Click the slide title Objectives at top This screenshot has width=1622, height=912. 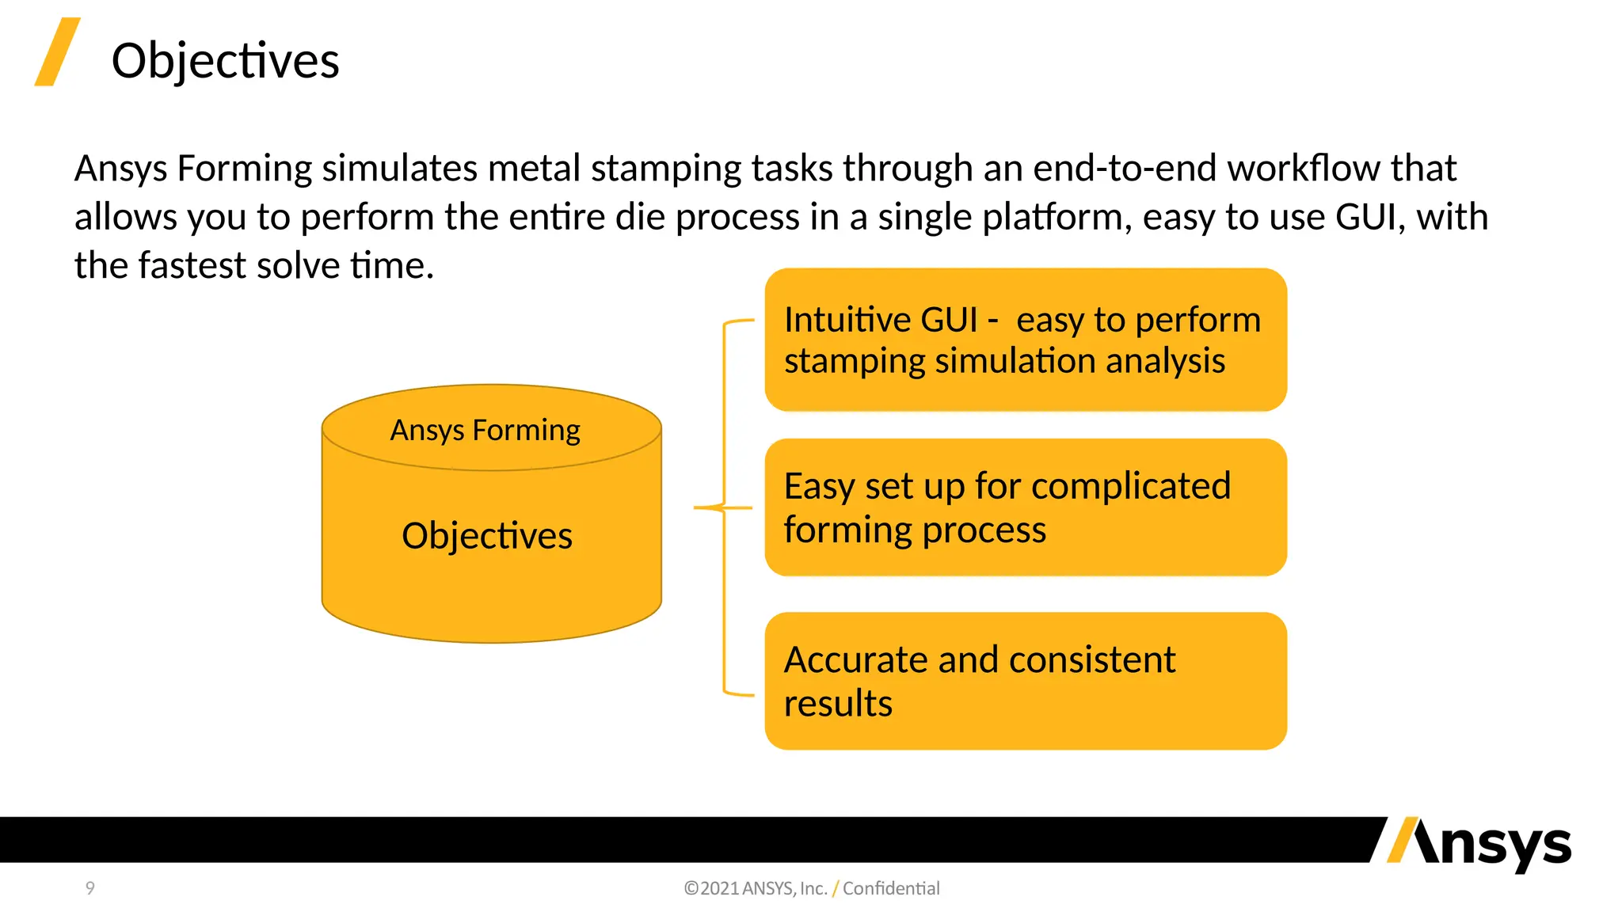pos(225,61)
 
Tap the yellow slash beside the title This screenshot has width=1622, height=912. pos(57,51)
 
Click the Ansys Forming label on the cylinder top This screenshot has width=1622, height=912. pos(485,431)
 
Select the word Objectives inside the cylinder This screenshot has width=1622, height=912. pos(486,536)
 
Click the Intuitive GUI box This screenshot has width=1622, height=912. pos(1025,340)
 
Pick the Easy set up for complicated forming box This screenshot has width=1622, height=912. pos(1025,507)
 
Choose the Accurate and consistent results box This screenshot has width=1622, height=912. pos(1025,681)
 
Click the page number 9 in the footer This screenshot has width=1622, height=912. pos(90,888)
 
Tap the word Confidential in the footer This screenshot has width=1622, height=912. pos(891,888)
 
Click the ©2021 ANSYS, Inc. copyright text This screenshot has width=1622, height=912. pos(756,888)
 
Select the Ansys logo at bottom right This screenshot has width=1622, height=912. pos(1479,845)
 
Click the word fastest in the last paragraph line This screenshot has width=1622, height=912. pos(192,265)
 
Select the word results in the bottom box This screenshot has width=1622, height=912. pos(838,703)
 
